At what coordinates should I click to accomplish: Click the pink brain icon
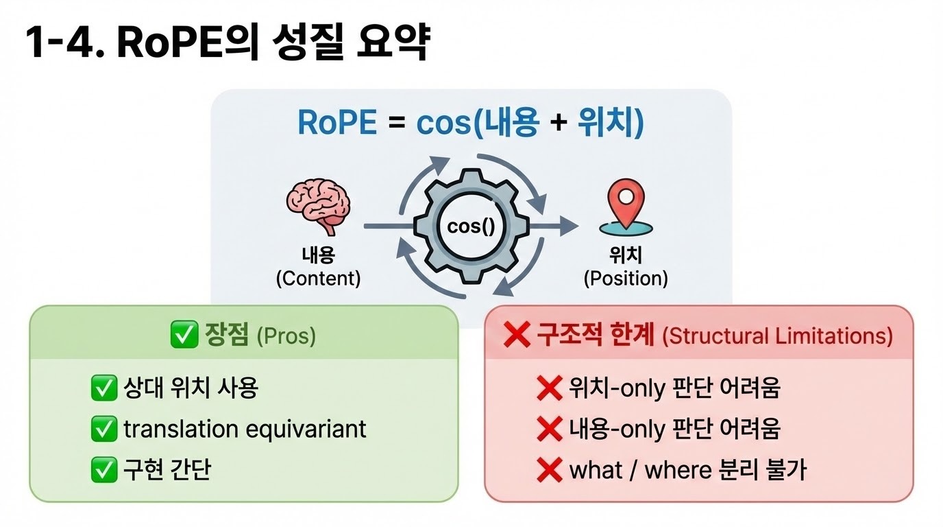317,203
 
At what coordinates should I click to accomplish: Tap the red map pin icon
624,203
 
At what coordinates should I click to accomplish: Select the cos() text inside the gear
470,226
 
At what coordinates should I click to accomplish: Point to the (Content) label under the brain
317,279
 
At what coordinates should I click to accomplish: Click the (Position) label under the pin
625,279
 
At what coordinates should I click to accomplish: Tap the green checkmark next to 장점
183,336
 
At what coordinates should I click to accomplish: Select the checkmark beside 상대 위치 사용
104,389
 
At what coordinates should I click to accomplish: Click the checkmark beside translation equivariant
104,430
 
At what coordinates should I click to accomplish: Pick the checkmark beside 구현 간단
104,470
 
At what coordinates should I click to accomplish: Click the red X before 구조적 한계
516,336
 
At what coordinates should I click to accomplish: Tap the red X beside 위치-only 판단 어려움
549,389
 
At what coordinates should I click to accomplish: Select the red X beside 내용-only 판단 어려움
549,430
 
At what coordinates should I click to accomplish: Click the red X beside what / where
549,470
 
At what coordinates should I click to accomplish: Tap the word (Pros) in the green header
286,336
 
